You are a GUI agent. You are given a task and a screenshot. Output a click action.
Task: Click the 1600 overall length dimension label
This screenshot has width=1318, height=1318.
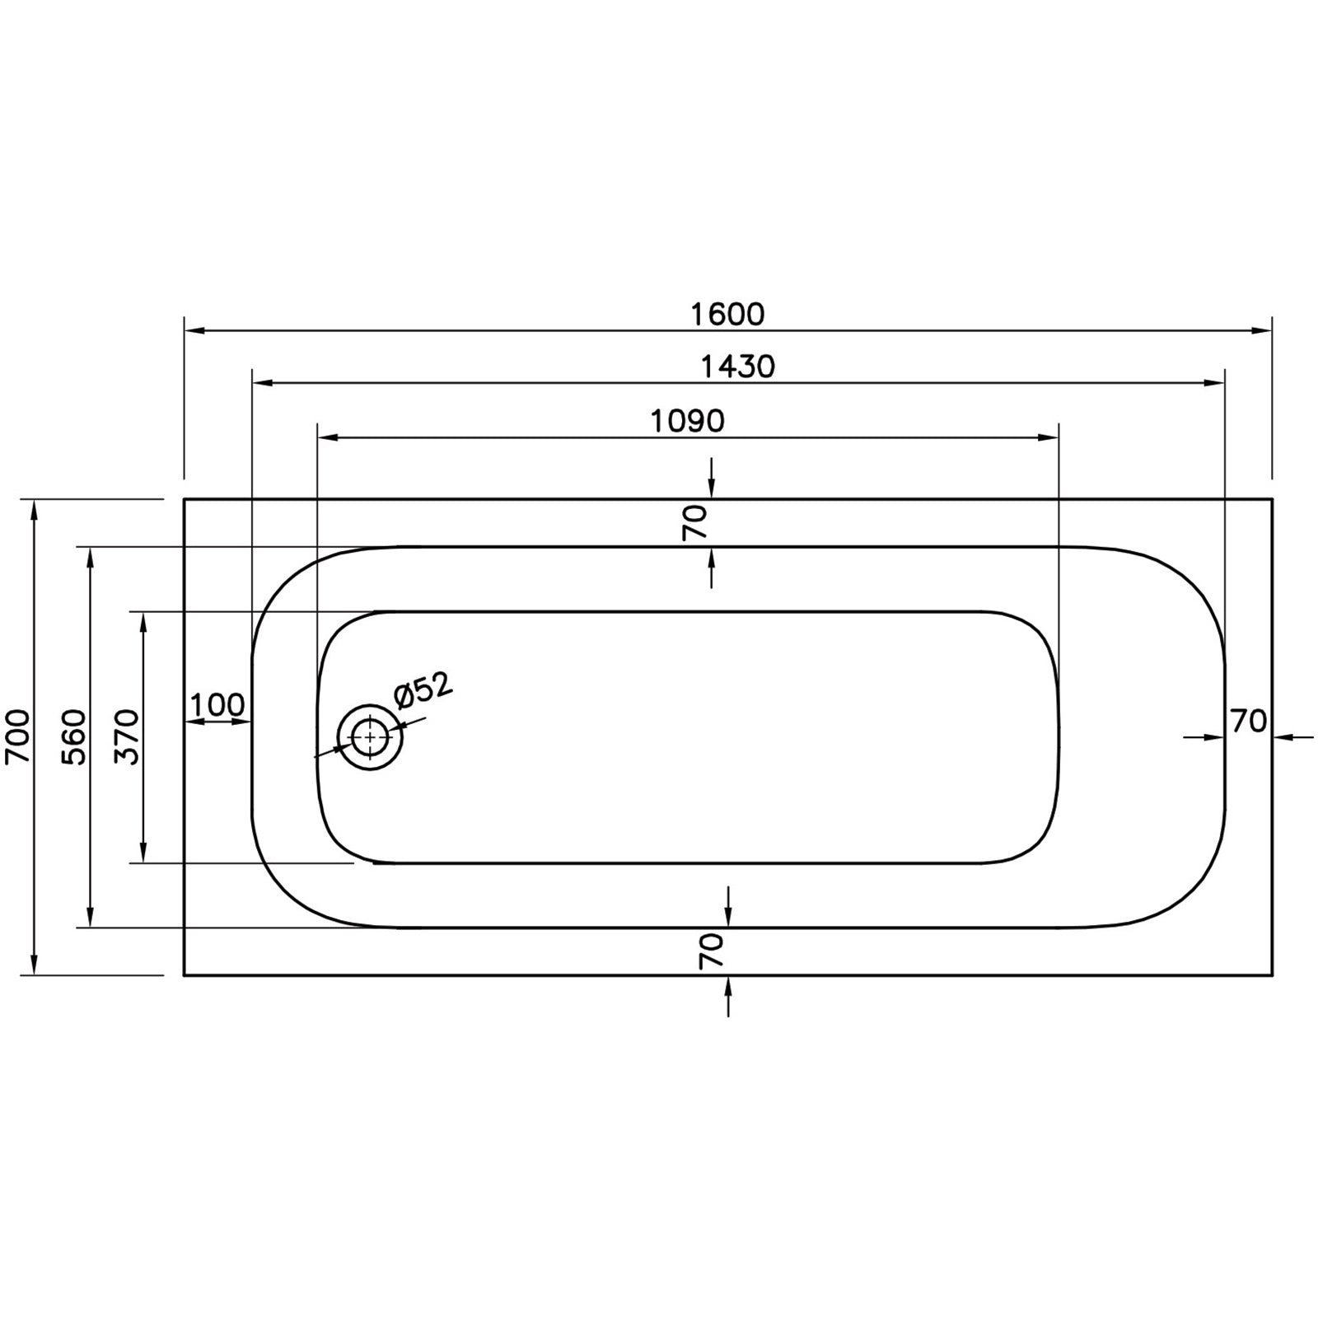[x=727, y=314]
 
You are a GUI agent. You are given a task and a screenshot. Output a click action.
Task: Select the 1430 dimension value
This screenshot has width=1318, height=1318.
[x=737, y=367]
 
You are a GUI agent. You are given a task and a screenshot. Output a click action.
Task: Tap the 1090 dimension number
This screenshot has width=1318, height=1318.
[x=688, y=421]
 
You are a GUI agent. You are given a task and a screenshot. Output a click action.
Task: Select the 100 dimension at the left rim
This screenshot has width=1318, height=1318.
[x=217, y=705]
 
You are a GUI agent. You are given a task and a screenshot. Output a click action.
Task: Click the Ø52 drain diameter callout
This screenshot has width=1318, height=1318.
[x=423, y=691]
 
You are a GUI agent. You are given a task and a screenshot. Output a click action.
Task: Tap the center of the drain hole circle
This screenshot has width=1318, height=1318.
[x=370, y=737]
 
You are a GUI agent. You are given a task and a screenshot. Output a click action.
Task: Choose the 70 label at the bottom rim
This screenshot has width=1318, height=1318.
[x=712, y=951]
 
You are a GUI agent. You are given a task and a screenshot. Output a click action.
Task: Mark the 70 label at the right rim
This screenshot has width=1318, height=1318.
[x=1248, y=722]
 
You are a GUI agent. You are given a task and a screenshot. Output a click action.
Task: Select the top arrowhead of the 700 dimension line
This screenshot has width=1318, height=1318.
[x=34, y=510]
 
